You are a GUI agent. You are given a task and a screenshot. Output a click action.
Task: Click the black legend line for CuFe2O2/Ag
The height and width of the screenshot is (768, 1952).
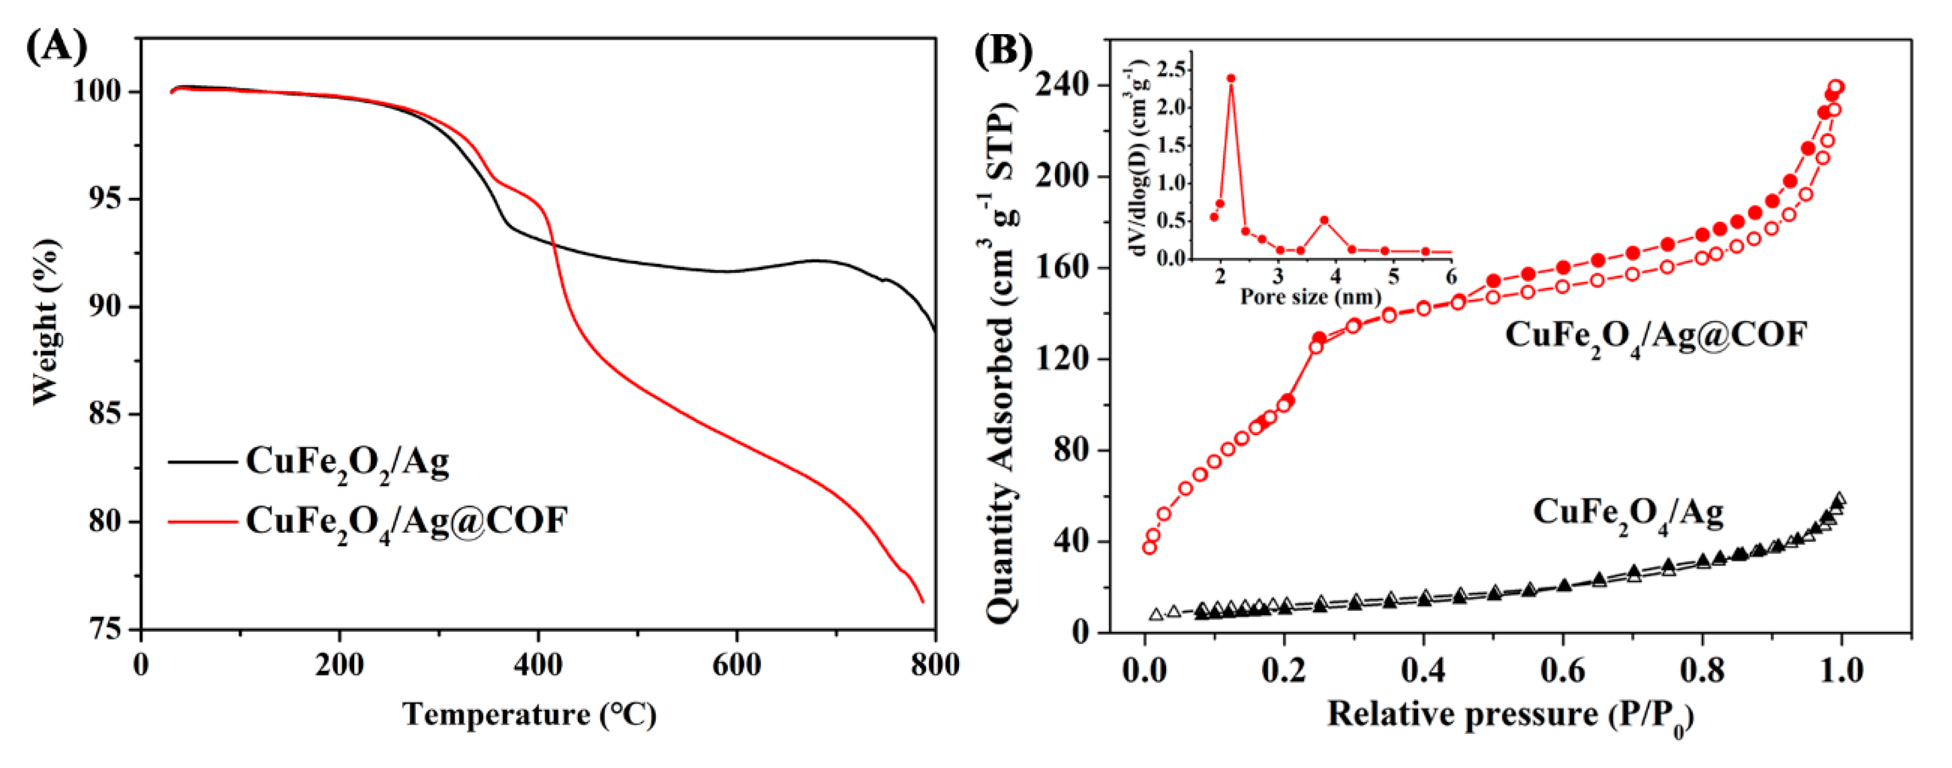[202, 461]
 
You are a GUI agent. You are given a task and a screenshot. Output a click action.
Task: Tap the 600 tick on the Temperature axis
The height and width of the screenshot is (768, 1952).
[737, 666]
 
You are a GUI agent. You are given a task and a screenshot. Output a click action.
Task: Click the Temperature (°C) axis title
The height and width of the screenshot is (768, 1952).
[529, 714]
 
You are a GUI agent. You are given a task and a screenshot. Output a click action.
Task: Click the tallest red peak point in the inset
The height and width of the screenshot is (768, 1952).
[1231, 78]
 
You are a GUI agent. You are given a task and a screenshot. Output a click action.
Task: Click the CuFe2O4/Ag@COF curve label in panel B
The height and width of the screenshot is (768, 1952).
[1656, 336]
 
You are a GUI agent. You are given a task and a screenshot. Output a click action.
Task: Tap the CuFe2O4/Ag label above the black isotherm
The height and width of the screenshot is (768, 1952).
[1628, 513]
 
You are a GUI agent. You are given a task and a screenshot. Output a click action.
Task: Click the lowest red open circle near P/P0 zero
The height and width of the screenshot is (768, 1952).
[1150, 547]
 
